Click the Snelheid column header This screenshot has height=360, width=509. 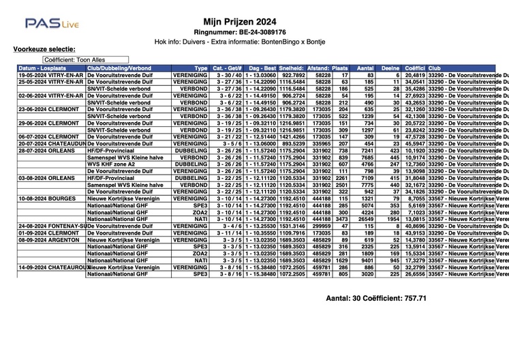pyautogui.click(x=292, y=68)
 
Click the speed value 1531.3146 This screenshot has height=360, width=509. pyautogui.click(x=292, y=225)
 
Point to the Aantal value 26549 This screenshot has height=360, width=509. pyautogui.click(x=365, y=218)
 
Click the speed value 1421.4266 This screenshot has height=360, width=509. pyautogui.click(x=292, y=136)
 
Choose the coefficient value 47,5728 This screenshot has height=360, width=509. pyautogui.click(x=414, y=136)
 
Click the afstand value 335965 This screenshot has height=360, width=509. pyautogui.click(x=318, y=143)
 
